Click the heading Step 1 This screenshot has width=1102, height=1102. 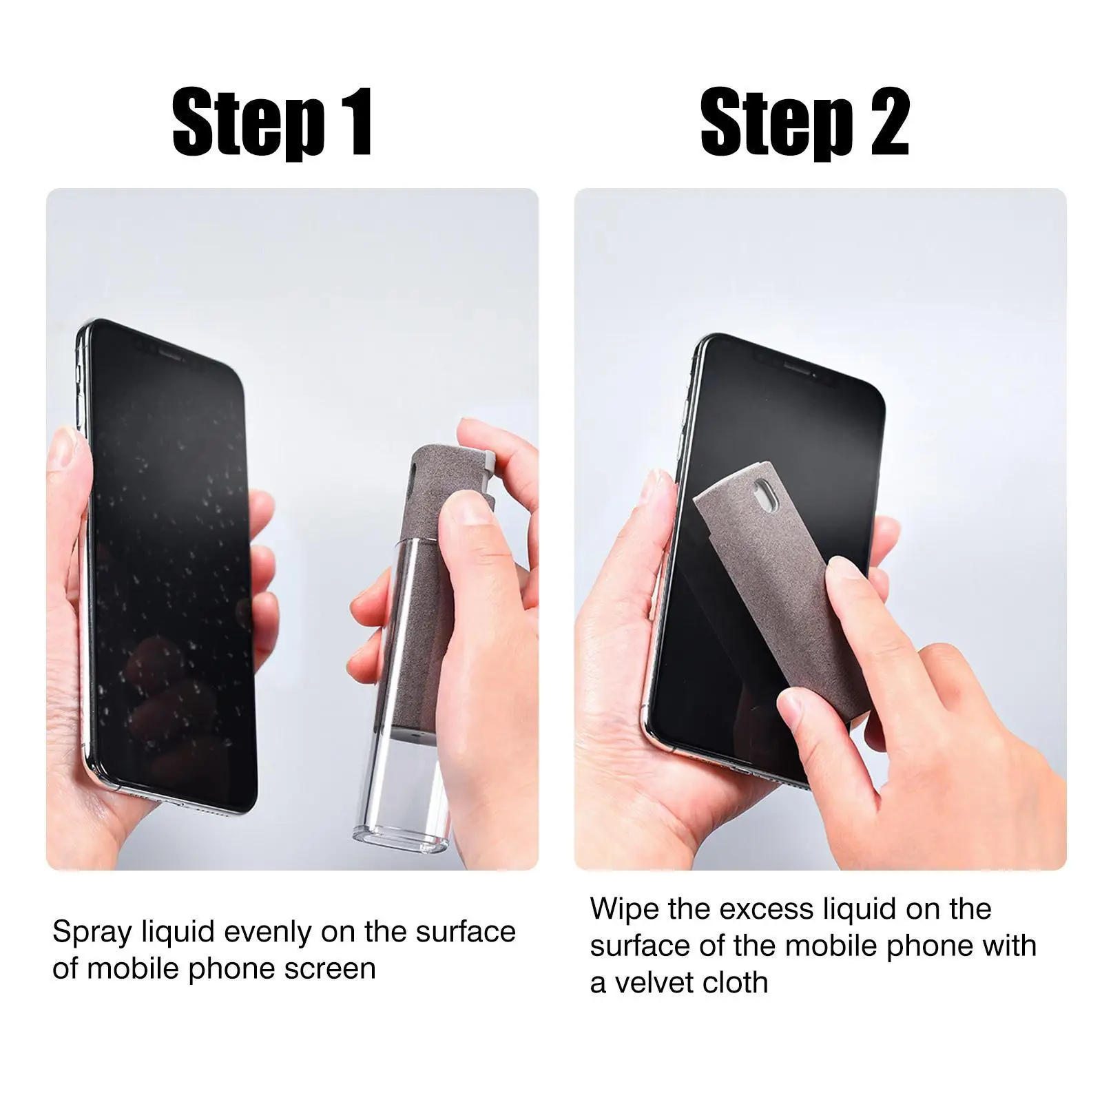point(273,122)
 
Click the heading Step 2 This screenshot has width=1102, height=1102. point(804,122)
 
